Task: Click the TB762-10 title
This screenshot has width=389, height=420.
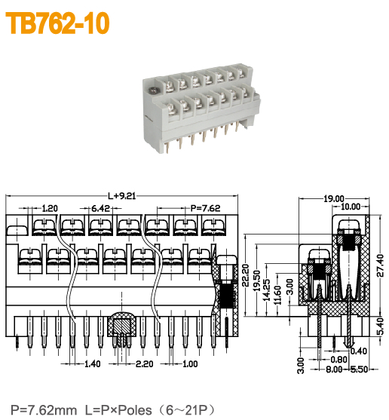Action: (x=59, y=24)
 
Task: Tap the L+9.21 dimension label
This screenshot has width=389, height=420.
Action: (x=122, y=195)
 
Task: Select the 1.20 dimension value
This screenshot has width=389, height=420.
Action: (x=50, y=208)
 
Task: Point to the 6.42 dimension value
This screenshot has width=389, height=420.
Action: (x=102, y=208)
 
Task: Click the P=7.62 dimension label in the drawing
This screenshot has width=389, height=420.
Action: (x=204, y=208)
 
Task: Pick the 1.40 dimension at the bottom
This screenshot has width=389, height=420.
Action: (x=92, y=364)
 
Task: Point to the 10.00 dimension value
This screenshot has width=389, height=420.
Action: (x=350, y=207)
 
